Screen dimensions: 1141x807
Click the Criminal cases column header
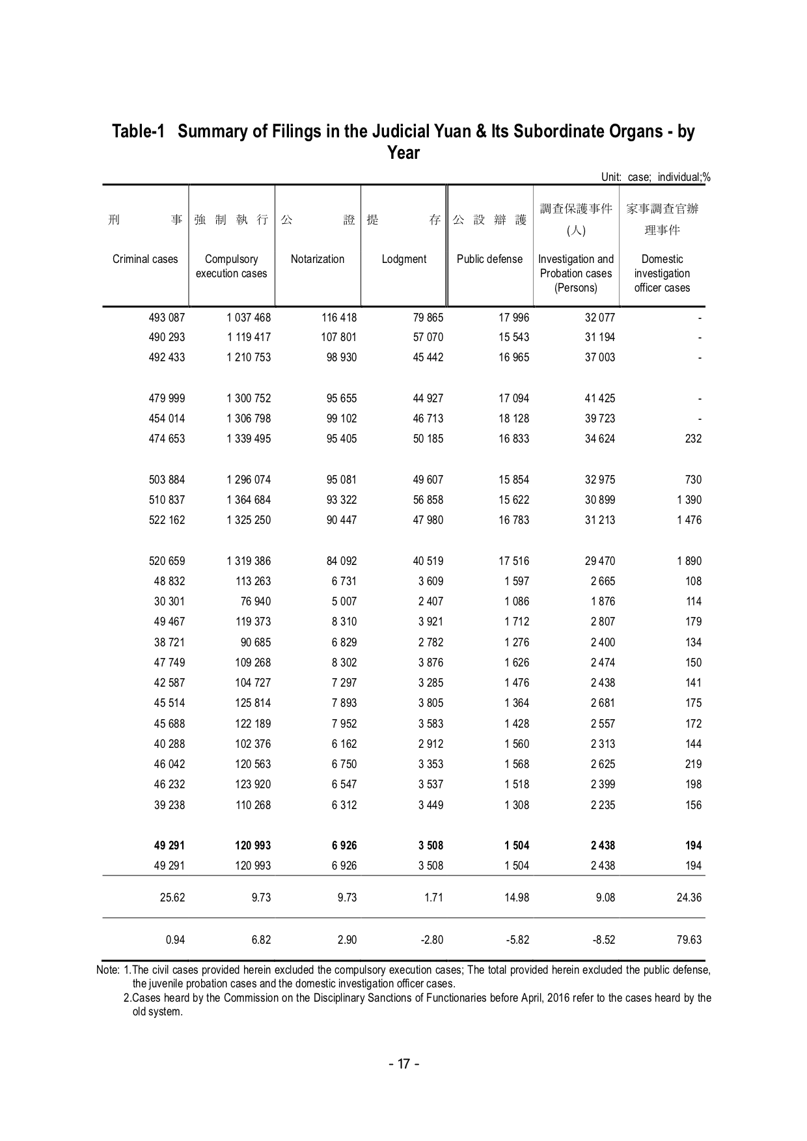[145, 259]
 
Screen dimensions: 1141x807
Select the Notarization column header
[318, 259]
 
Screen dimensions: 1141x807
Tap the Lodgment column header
[404, 259]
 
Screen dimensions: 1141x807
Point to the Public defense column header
[489, 259]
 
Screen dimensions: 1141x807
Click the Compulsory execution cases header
[232, 266]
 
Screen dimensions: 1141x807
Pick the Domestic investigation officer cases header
[662, 273]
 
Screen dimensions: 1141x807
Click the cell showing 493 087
[167, 318]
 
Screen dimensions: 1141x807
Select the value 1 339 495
[249, 439]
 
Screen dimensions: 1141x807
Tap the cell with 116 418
[339, 318]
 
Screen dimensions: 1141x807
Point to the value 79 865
[428, 318]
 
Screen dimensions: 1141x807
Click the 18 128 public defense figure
[514, 419]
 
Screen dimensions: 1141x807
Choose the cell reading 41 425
[600, 398]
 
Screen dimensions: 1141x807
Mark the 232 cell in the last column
[693, 439]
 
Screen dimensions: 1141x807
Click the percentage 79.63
[689, 940]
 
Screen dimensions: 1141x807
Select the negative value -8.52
[602, 940]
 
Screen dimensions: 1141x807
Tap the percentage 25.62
[172, 898]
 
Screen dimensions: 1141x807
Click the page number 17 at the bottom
[403, 1064]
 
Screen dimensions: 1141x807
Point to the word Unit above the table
[611, 177]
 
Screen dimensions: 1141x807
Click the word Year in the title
[403, 153]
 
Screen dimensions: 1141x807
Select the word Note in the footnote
[107, 970]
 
